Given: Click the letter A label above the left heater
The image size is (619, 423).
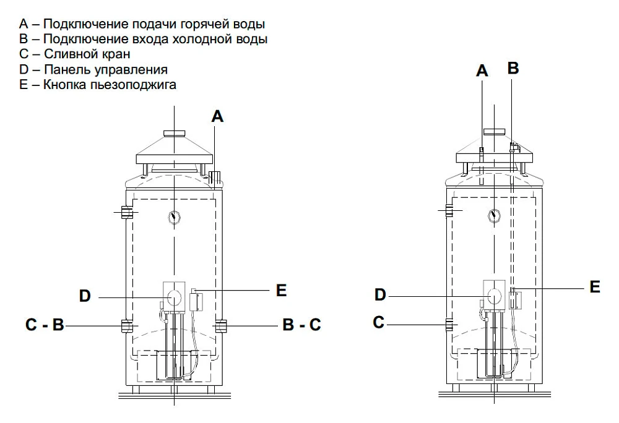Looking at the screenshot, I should [x=217, y=116].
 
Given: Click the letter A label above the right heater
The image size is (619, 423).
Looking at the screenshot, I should [x=482, y=71].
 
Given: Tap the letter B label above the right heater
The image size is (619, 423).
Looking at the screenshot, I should [x=513, y=68].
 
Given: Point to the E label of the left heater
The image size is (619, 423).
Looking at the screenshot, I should [x=281, y=290].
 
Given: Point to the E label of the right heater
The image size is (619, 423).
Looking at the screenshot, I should [x=595, y=287].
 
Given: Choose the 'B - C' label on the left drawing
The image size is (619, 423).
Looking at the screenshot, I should [x=302, y=324].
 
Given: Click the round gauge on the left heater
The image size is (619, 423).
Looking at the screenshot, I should [x=174, y=218].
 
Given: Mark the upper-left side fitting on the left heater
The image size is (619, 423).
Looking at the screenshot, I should [x=126, y=212].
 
